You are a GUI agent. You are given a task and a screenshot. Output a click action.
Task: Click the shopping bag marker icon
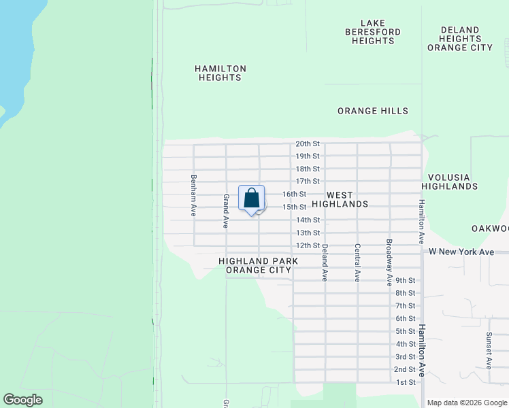[x=252, y=199]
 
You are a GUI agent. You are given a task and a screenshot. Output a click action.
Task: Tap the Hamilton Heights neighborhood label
[x=220, y=73]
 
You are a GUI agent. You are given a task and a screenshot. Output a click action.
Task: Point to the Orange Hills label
[x=373, y=111]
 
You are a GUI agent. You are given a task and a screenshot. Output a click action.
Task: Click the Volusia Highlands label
[x=449, y=182]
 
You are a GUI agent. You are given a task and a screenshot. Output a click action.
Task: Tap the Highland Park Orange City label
[x=255, y=265]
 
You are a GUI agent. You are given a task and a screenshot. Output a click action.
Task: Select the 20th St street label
[x=308, y=143]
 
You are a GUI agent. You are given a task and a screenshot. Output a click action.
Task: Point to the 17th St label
[x=308, y=181]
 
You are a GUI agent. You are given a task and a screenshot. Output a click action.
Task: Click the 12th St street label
[x=308, y=245]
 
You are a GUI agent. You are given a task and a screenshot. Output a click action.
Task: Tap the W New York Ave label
[x=461, y=252]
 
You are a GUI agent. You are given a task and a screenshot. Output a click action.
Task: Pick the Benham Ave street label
[x=194, y=195]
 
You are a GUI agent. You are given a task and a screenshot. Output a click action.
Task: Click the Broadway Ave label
[x=389, y=262]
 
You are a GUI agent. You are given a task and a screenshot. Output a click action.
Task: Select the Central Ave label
[x=357, y=262]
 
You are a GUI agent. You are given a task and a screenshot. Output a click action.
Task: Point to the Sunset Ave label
[x=489, y=350]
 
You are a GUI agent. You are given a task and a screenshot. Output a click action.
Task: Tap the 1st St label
[x=406, y=382]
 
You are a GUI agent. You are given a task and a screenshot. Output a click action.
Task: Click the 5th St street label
[x=406, y=331]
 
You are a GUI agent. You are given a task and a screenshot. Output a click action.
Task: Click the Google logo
[x=23, y=400]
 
